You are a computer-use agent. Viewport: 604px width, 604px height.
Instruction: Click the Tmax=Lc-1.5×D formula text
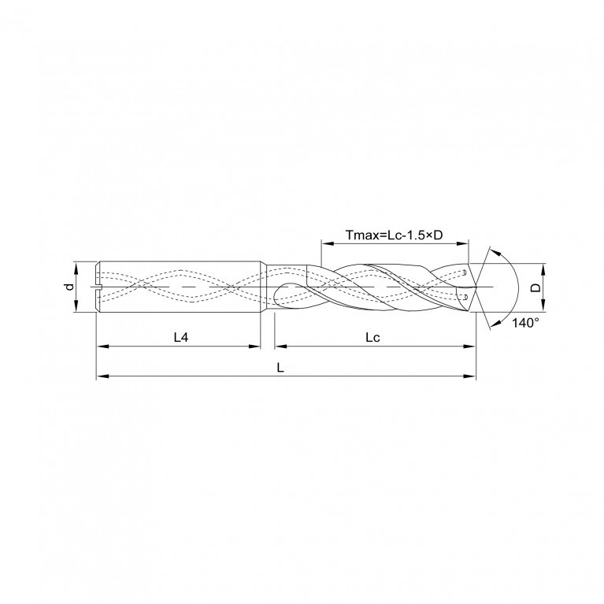click(394, 235)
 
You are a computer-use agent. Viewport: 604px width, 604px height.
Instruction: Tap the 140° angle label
click(525, 322)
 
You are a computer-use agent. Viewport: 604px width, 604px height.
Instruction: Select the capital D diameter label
click(535, 287)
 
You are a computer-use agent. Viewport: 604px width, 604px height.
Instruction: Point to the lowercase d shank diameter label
click(69, 287)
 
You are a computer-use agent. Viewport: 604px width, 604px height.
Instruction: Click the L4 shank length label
click(181, 338)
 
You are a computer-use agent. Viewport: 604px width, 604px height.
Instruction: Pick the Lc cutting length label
click(372, 338)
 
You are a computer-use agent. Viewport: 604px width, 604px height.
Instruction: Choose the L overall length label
click(280, 368)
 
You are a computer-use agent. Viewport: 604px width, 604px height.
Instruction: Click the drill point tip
click(476, 287)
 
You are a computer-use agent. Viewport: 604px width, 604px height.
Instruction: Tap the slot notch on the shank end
click(98, 287)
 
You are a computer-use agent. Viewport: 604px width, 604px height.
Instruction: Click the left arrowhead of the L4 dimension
click(102, 346)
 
